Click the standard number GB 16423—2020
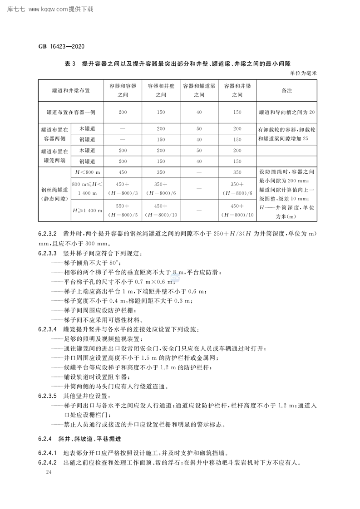[x=62, y=46]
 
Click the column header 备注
[x=286, y=90]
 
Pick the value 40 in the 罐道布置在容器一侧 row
[x=199, y=112]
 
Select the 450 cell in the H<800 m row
[x=123, y=172]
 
